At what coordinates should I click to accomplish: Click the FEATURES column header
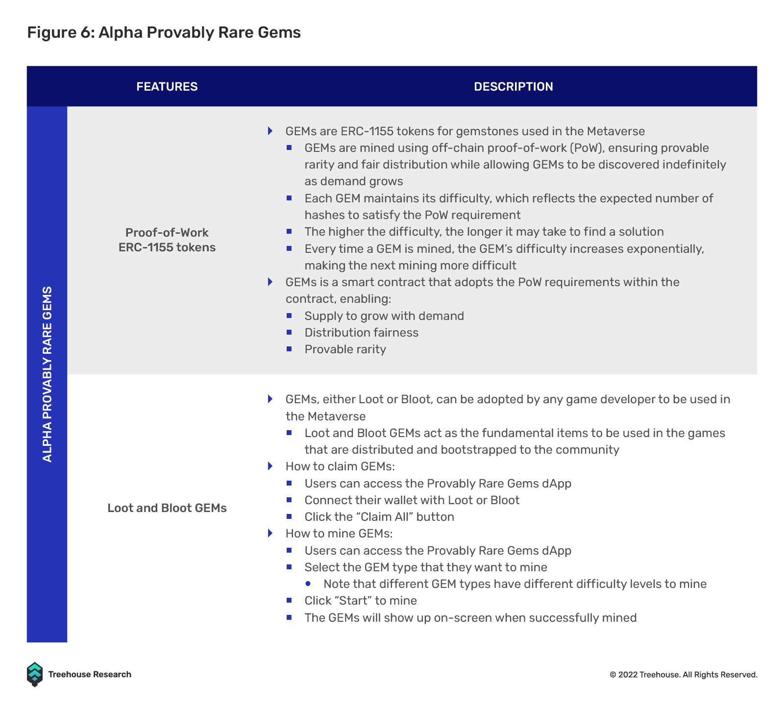167,87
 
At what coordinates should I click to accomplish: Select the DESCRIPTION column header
513,87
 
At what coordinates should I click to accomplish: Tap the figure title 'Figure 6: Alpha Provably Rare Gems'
164,32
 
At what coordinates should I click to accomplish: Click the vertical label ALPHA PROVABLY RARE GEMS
47,374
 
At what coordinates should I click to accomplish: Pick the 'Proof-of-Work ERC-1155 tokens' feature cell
167,240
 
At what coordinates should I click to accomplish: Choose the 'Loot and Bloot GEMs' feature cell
167,508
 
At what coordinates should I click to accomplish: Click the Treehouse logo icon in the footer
34,675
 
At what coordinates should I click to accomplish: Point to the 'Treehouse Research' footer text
90,675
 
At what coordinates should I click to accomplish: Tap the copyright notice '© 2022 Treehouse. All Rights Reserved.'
684,675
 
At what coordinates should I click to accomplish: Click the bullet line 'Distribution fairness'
362,333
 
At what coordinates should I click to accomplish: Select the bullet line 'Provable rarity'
345,349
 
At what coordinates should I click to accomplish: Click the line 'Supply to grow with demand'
384,316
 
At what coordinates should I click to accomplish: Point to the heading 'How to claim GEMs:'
340,466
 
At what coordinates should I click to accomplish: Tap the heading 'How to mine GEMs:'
339,533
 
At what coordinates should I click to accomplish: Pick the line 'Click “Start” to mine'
361,601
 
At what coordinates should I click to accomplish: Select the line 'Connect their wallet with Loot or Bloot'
412,500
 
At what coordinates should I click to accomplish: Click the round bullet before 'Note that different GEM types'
308,584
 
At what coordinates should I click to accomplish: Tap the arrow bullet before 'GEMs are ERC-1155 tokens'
270,131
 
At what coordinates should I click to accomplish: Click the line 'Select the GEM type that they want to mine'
426,567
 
